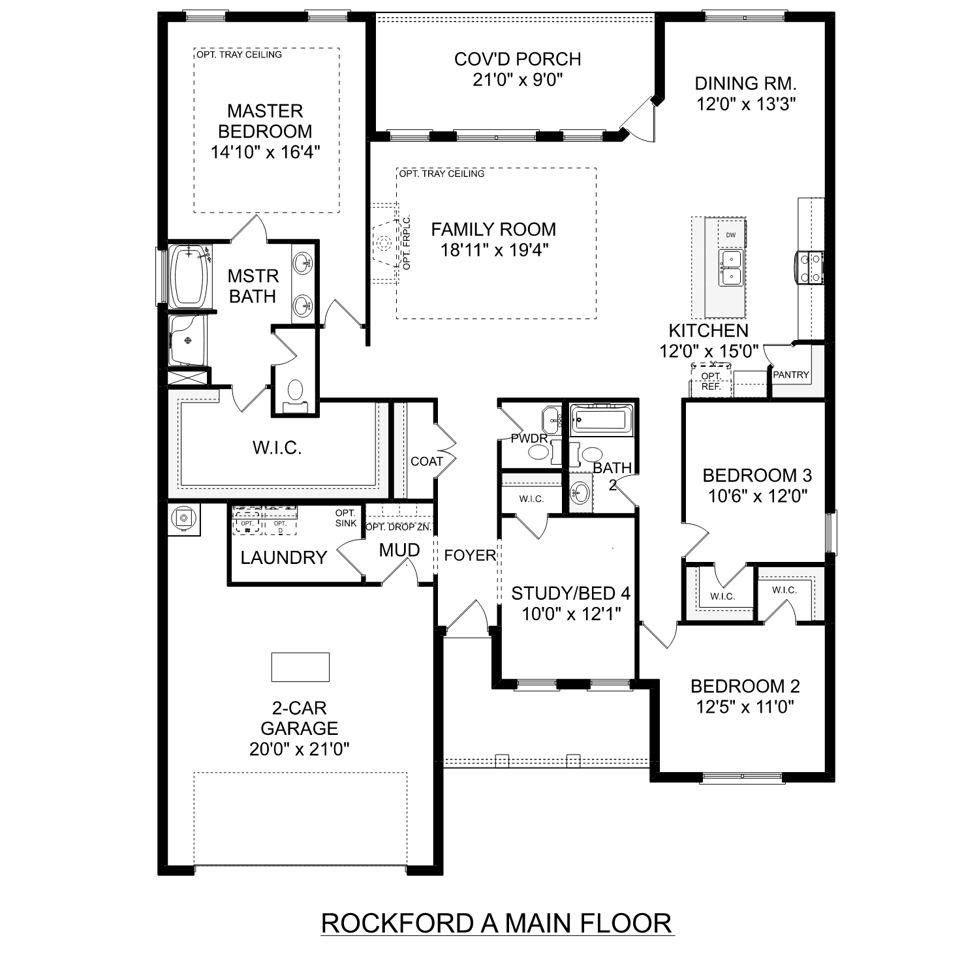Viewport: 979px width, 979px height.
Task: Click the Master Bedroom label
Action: tap(265, 121)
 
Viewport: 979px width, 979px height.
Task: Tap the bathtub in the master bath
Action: tap(189, 277)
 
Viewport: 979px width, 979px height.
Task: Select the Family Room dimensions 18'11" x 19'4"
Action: tap(493, 251)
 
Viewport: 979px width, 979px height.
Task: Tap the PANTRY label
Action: tap(790, 375)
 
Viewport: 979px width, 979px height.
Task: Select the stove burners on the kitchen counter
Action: tap(809, 268)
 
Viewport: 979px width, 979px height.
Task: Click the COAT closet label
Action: tap(427, 461)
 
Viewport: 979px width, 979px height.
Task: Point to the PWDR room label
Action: tap(529, 439)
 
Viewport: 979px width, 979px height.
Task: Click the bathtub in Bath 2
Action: tap(601, 419)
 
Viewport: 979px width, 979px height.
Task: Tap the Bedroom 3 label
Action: tap(757, 475)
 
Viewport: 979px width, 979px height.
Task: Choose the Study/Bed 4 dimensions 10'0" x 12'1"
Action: tap(570, 614)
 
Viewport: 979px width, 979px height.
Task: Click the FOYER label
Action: tap(469, 555)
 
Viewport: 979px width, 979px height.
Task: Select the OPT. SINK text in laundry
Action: tap(346, 518)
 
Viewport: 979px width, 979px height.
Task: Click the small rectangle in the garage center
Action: tap(300, 667)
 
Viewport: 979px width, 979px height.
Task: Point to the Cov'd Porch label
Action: tap(518, 59)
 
